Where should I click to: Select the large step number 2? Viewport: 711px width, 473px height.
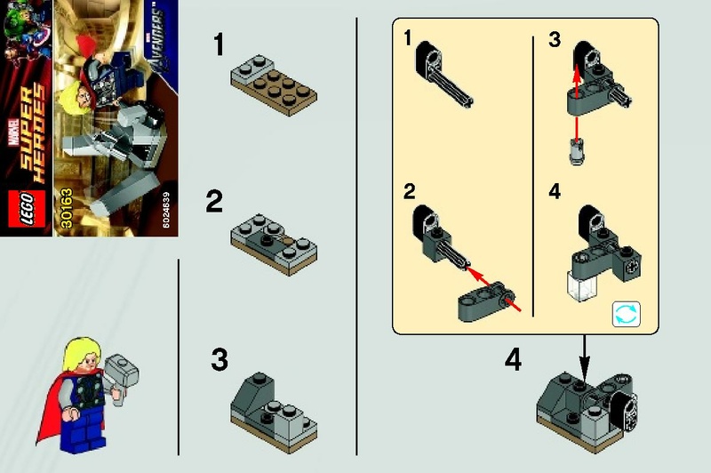point(214,202)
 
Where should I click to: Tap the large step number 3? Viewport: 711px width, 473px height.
point(220,361)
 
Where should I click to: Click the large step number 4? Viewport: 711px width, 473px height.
point(514,361)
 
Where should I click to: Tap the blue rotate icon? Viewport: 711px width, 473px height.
point(626,314)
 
